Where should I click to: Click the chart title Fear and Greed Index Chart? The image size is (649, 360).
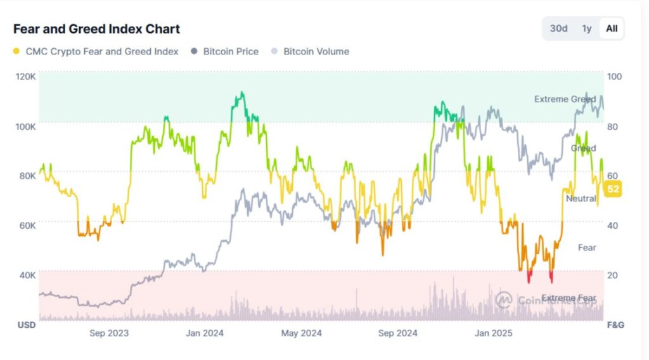pyautogui.click(x=96, y=29)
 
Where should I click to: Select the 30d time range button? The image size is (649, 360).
pyautogui.click(x=558, y=29)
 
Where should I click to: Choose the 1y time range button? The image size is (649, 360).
pyautogui.click(x=587, y=29)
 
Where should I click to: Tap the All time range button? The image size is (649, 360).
pyautogui.click(x=612, y=29)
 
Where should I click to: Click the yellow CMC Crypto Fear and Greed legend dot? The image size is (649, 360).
pyautogui.click(x=16, y=51)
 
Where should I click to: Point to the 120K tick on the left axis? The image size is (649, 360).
pyautogui.click(x=26, y=76)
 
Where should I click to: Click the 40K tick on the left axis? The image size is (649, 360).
pyautogui.click(x=27, y=275)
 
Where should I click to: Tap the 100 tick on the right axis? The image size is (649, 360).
pyautogui.click(x=615, y=76)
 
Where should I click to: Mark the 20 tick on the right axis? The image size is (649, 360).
pyautogui.click(x=614, y=275)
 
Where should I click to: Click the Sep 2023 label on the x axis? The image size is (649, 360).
pyautogui.click(x=109, y=333)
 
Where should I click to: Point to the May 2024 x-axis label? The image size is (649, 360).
pyautogui.click(x=302, y=333)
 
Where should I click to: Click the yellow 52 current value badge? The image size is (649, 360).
pyautogui.click(x=613, y=189)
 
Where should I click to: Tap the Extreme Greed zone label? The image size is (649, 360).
pyautogui.click(x=564, y=100)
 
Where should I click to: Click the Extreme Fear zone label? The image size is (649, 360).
pyautogui.click(x=569, y=298)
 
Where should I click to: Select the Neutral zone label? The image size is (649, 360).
pyautogui.click(x=581, y=198)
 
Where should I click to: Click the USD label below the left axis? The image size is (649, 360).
pyautogui.click(x=26, y=325)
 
